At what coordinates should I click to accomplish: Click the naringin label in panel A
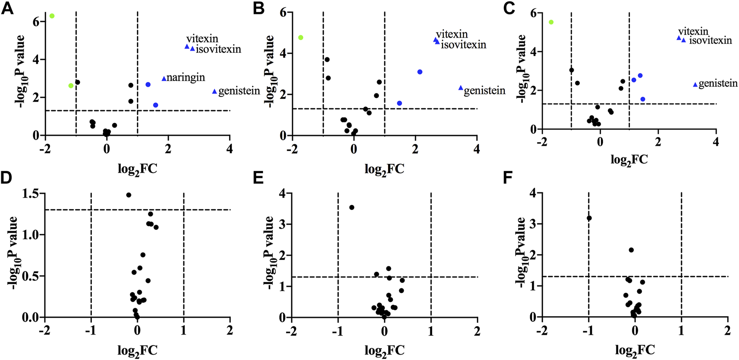[x=186, y=77]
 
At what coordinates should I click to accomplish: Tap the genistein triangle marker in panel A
[x=214, y=92]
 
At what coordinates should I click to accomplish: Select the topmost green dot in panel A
[x=52, y=16]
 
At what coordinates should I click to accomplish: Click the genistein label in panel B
[x=484, y=91]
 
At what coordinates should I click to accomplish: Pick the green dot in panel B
[x=301, y=38]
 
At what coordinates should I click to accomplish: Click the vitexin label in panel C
[x=693, y=32]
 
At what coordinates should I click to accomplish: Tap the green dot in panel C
[x=551, y=22]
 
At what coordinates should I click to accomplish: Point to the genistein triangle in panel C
[x=695, y=85]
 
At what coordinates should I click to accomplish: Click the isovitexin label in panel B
[x=463, y=45]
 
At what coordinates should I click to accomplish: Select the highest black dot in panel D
[x=129, y=195]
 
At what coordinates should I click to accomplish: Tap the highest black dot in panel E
[x=351, y=207]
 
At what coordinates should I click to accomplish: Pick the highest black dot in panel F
[x=589, y=218]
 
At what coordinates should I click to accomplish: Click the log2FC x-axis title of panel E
[x=384, y=350]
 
